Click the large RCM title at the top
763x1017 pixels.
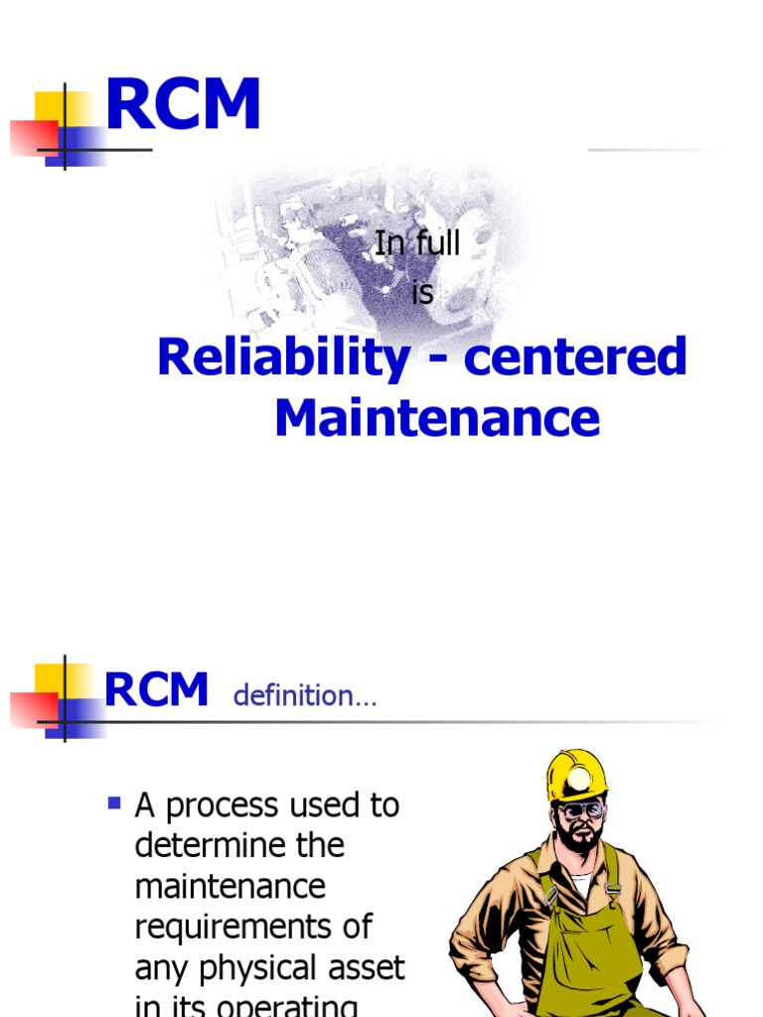pyautogui.click(x=183, y=105)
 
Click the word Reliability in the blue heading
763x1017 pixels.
pyautogui.click(x=283, y=358)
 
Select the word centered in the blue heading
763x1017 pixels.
pyautogui.click(x=575, y=358)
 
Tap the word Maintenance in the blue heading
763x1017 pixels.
pyautogui.click(x=437, y=418)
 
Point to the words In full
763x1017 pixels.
pyautogui.click(x=417, y=244)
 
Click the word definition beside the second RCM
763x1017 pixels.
pyautogui.click(x=304, y=696)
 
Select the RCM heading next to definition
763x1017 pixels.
pyautogui.click(x=157, y=690)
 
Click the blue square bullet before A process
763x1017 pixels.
pyautogui.click(x=114, y=800)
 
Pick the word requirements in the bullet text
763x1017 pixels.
pyautogui.click(x=252, y=928)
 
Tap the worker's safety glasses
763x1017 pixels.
pyautogui.click(x=580, y=810)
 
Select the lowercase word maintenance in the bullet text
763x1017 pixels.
pyautogui.click(x=229, y=887)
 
